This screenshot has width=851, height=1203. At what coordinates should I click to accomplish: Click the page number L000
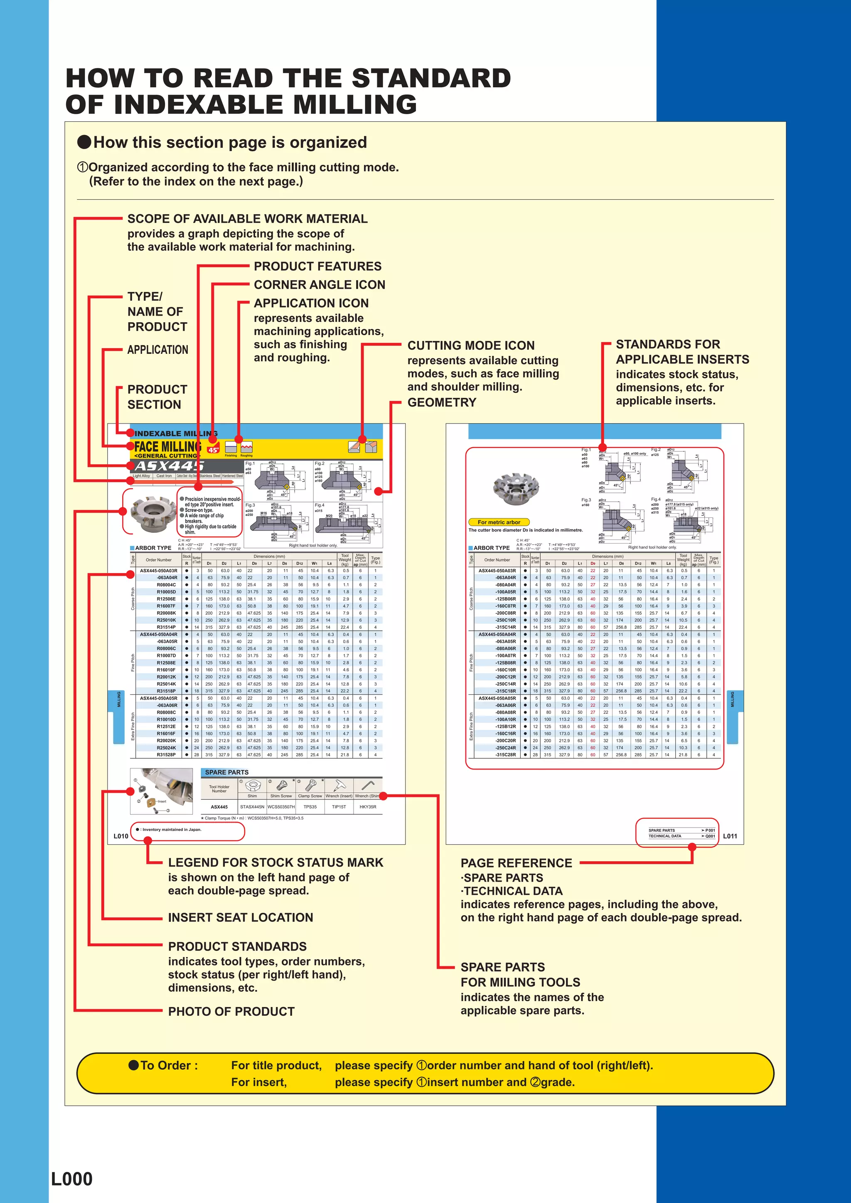[x=72, y=1179]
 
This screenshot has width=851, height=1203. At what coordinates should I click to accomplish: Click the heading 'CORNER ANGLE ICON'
[x=319, y=284]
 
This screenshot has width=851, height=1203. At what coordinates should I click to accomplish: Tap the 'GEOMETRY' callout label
[x=441, y=402]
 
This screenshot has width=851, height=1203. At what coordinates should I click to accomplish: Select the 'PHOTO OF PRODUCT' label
[x=231, y=1011]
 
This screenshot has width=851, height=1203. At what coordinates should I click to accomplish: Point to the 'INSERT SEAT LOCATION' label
[x=240, y=917]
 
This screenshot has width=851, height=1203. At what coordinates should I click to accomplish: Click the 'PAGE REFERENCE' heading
[x=516, y=863]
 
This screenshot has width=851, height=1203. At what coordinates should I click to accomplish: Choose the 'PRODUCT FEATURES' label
[x=317, y=266]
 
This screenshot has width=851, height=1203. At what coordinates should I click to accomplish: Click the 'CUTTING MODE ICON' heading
[x=471, y=345]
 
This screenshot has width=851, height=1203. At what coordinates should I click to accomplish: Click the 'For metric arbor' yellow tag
[x=499, y=522]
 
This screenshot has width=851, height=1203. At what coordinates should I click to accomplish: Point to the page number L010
[x=121, y=836]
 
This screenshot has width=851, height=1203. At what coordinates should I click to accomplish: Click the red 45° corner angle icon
[x=214, y=450]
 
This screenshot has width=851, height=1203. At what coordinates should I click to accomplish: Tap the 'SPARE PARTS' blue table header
[x=226, y=772]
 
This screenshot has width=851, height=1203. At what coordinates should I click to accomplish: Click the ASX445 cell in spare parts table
[x=219, y=807]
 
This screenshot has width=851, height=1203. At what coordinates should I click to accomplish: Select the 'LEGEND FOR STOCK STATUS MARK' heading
[x=275, y=862]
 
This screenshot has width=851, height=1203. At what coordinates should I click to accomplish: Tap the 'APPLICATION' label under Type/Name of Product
[x=157, y=350]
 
